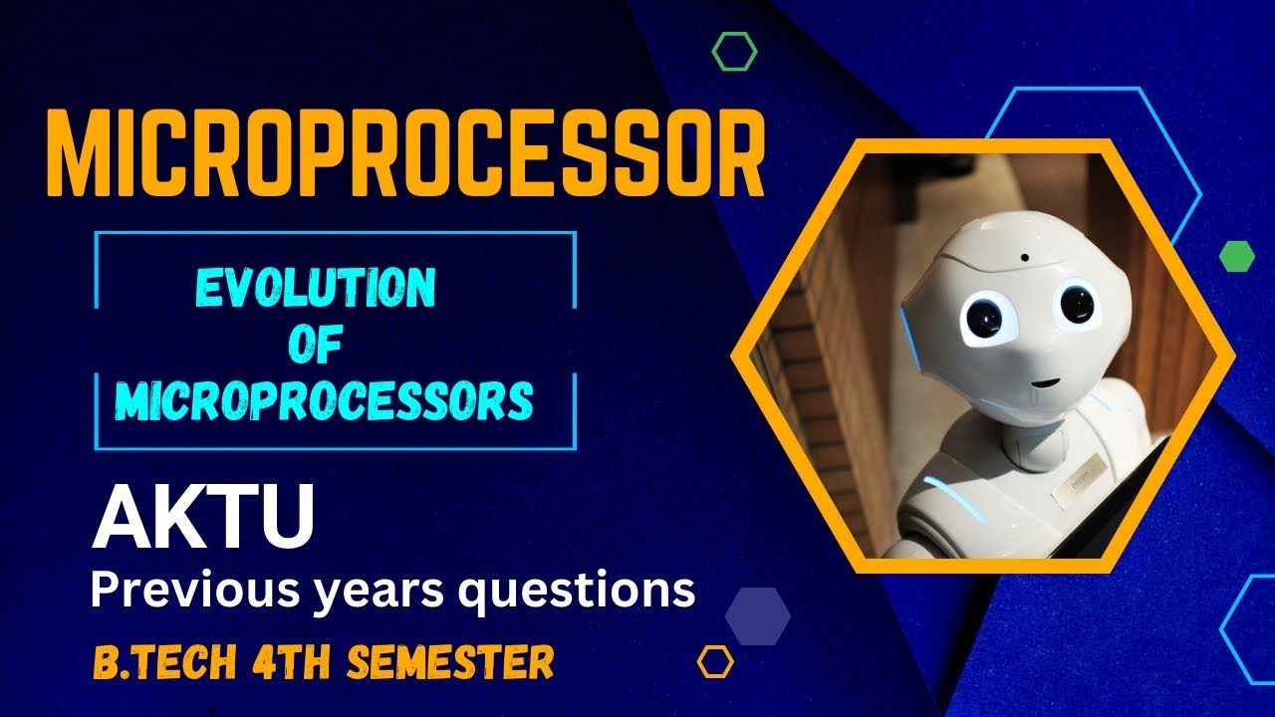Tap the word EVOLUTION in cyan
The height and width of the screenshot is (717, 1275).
coord(315,289)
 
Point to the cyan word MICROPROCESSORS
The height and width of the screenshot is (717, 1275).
coord(324,400)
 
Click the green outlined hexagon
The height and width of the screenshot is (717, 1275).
coord(735,51)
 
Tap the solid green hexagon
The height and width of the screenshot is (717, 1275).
coord(1236,256)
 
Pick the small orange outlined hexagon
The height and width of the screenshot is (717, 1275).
coord(715,661)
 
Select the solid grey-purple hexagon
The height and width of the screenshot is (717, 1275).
coord(758,616)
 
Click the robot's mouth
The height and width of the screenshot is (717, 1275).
coord(1043,381)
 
